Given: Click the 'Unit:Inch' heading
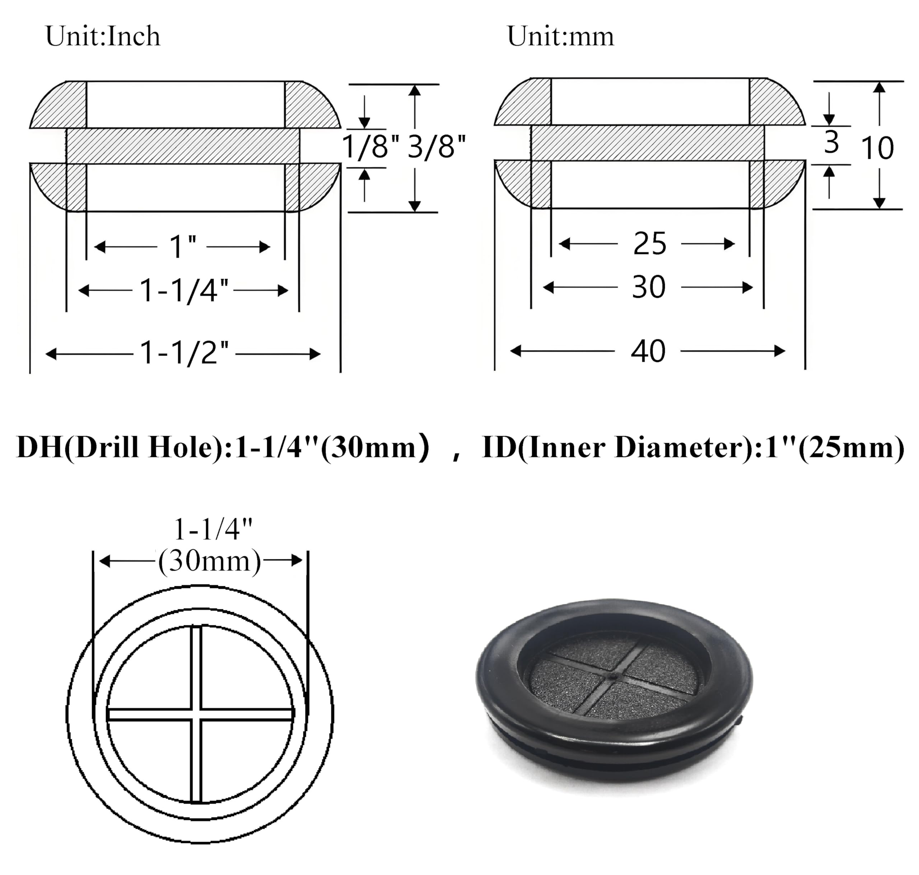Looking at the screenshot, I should point(103,36).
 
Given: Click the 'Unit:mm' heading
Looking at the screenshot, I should point(560,36).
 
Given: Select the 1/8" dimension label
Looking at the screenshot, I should point(370,147).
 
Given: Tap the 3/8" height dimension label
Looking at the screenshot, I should point(436,147).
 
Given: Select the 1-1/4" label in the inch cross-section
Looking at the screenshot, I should point(183,291).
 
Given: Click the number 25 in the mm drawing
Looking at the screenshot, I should point(649,244).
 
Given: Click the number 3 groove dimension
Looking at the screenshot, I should point(831,143).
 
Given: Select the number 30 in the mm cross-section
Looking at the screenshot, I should point(648,287).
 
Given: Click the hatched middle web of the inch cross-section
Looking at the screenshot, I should point(182,146).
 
